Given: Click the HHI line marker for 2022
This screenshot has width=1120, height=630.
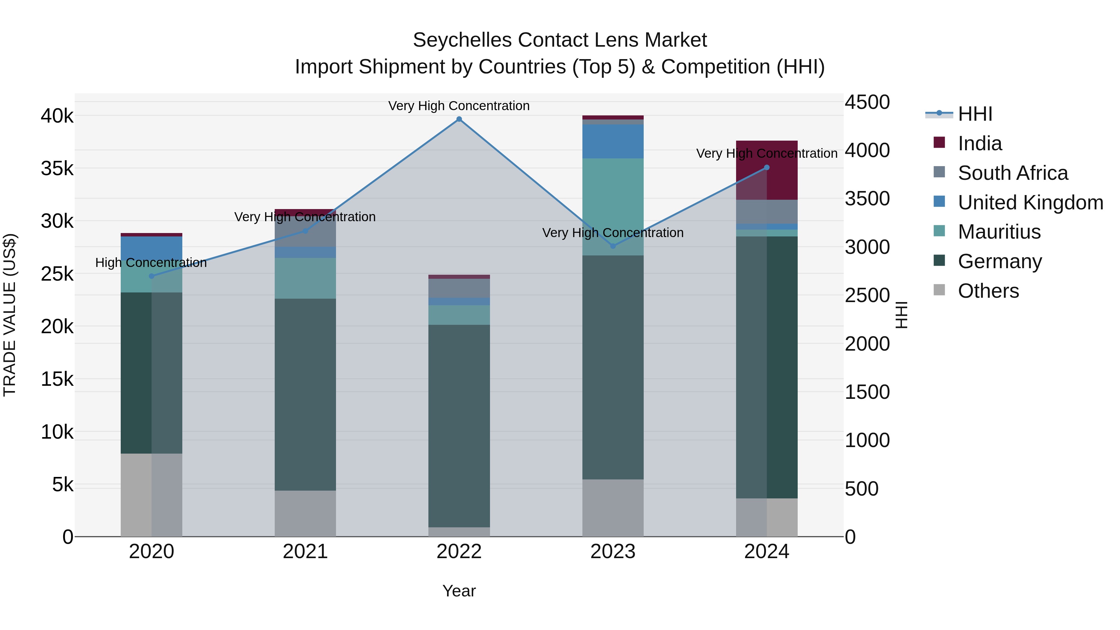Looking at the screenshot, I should pos(459,119).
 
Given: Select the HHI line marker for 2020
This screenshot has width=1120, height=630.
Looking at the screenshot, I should pos(151,276).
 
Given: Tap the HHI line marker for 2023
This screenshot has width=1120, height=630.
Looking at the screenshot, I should pos(613,246).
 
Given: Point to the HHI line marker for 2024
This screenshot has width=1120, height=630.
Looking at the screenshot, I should pos(767,167).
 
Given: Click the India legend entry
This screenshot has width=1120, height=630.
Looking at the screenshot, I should pos(980,143).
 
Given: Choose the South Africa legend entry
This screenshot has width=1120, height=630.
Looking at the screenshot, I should pos(1013,173).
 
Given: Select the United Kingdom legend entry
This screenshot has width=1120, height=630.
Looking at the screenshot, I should pos(1030,203).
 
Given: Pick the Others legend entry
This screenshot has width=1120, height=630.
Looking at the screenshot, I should pos(988,291).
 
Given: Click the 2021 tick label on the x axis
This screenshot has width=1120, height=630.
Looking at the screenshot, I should pos(305,552).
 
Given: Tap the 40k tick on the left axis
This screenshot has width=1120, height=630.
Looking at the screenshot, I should pos(57,116).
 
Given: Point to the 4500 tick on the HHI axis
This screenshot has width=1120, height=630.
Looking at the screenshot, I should pos(867,103).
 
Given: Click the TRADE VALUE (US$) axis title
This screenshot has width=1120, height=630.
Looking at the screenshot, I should pos(10,315).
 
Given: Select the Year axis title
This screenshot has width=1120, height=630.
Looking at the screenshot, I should pos(459,591).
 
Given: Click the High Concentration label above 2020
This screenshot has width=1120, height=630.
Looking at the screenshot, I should pos(151,263).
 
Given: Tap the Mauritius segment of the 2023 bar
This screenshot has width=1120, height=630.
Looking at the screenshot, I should pos(613,207).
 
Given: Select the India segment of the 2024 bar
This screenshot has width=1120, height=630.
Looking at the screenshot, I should pos(767,170).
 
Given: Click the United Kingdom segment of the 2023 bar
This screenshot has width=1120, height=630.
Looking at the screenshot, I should pos(613,141).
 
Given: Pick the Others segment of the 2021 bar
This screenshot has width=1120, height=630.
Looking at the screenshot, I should pos(305,513).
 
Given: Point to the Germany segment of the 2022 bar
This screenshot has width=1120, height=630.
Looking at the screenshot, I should pos(459,426).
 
